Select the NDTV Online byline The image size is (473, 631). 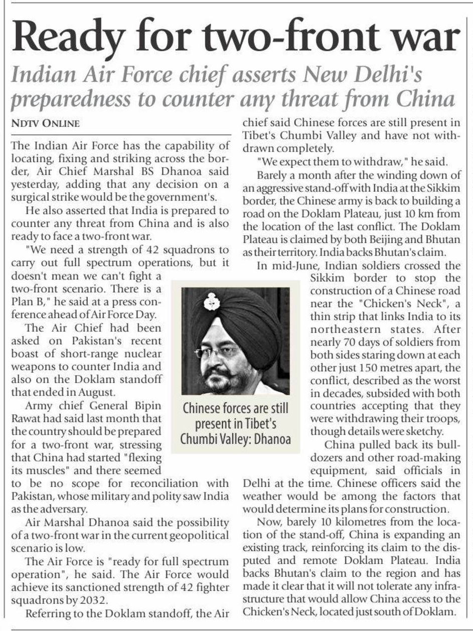click(45, 123)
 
